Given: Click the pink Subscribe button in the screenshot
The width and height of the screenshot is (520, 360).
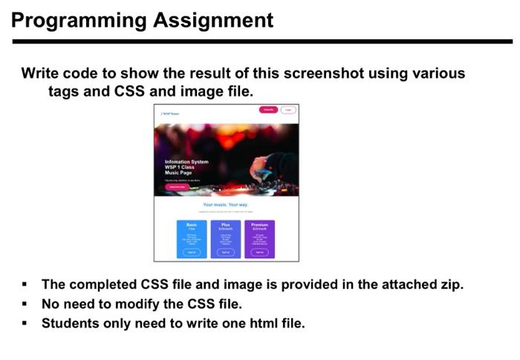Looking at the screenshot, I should [268, 110].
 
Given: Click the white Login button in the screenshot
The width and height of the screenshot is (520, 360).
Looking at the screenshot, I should [287, 110].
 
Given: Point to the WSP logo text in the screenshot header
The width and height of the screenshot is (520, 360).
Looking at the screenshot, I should [169, 114].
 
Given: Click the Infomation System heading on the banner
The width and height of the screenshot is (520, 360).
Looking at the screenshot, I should [186, 162].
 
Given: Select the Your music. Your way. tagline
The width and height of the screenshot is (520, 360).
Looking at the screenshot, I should [225, 204].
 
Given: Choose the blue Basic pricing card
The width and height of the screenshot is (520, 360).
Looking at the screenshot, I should [191, 238].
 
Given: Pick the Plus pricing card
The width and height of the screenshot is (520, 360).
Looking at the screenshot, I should [225, 238].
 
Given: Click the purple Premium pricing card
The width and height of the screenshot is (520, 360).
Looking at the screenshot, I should [259, 238].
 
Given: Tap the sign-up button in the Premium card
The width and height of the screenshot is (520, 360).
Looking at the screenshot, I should [259, 252].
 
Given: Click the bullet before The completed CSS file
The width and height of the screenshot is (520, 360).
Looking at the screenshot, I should [25, 285].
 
